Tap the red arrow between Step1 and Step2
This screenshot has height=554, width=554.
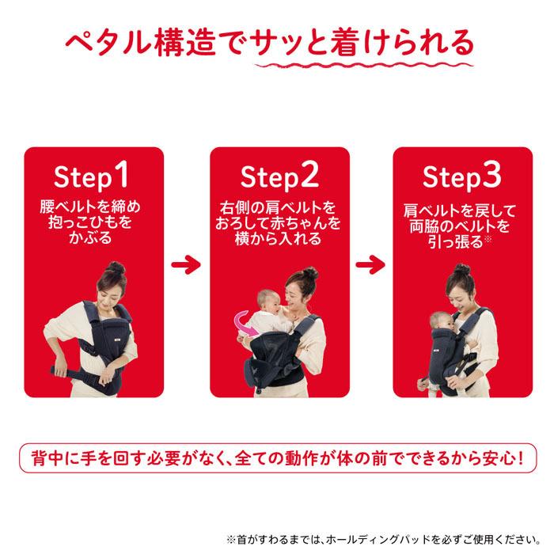coord(186,264)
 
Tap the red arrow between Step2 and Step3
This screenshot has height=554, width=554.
coord(370,264)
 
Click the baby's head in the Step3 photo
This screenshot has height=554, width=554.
coord(439,321)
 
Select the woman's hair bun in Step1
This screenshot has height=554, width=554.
coord(116,268)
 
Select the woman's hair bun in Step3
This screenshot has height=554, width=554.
coord(462,269)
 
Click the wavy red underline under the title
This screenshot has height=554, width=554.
coord(364,66)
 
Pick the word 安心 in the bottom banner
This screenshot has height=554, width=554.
coord(498,458)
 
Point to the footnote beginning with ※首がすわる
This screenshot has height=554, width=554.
coord(384,541)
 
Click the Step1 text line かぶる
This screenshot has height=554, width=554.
coord(90,237)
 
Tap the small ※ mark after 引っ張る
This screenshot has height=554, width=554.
coord(488,239)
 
